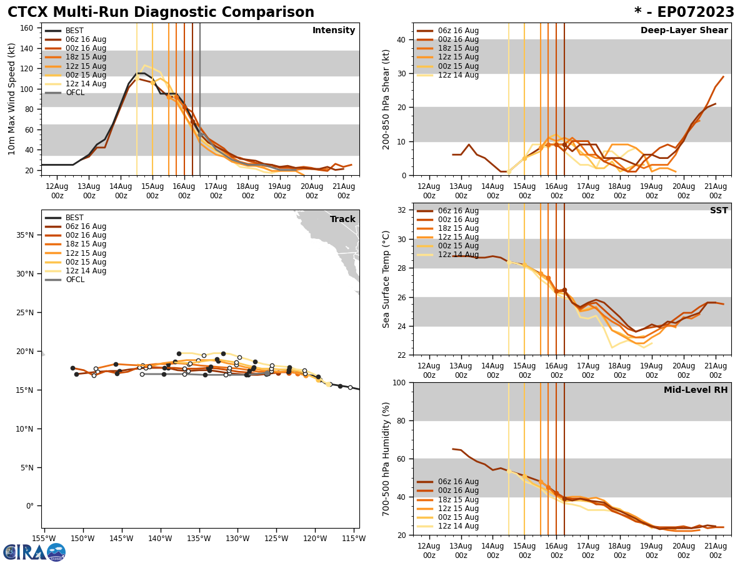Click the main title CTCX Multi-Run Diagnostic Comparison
click(161, 13)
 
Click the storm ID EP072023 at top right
click(684, 13)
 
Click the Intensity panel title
click(334, 31)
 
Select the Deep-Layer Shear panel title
click(684, 31)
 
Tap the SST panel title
click(719, 211)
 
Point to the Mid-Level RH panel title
click(696, 390)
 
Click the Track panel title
click(342, 220)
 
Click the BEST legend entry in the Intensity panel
click(74, 31)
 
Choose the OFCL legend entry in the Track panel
click(74, 280)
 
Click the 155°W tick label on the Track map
click(44, 538)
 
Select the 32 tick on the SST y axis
click(402, 210)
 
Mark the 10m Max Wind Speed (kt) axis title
click(11, 99)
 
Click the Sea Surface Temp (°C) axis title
click(386, 279)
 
